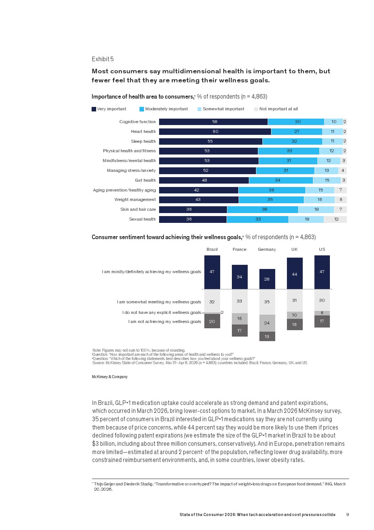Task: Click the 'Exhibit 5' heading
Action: tap(103, 59)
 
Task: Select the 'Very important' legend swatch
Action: tap(94, 109)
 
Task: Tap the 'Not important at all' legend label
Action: tap(278, 109)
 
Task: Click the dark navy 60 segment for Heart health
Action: tap(215, 131)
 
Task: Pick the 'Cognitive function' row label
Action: tap(137, 122)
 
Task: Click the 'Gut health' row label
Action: tap(145, 180)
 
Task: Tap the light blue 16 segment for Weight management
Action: tap(319, 200)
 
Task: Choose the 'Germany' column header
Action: tap(267, 249)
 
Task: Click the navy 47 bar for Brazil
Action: tap(212, 272)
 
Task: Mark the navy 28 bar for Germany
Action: tap(267, 279)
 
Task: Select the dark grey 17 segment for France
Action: tap(240, 330)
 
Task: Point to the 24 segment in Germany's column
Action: tap(267, 323)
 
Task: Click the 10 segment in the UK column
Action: tap(295, 315)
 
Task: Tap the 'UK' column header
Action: tap(294, 249)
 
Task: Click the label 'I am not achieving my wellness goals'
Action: tap(165, 321)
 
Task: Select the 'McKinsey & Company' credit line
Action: tap(110, 377)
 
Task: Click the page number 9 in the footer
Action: tap(348, 515)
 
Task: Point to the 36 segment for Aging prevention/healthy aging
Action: tap(272, 190)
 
